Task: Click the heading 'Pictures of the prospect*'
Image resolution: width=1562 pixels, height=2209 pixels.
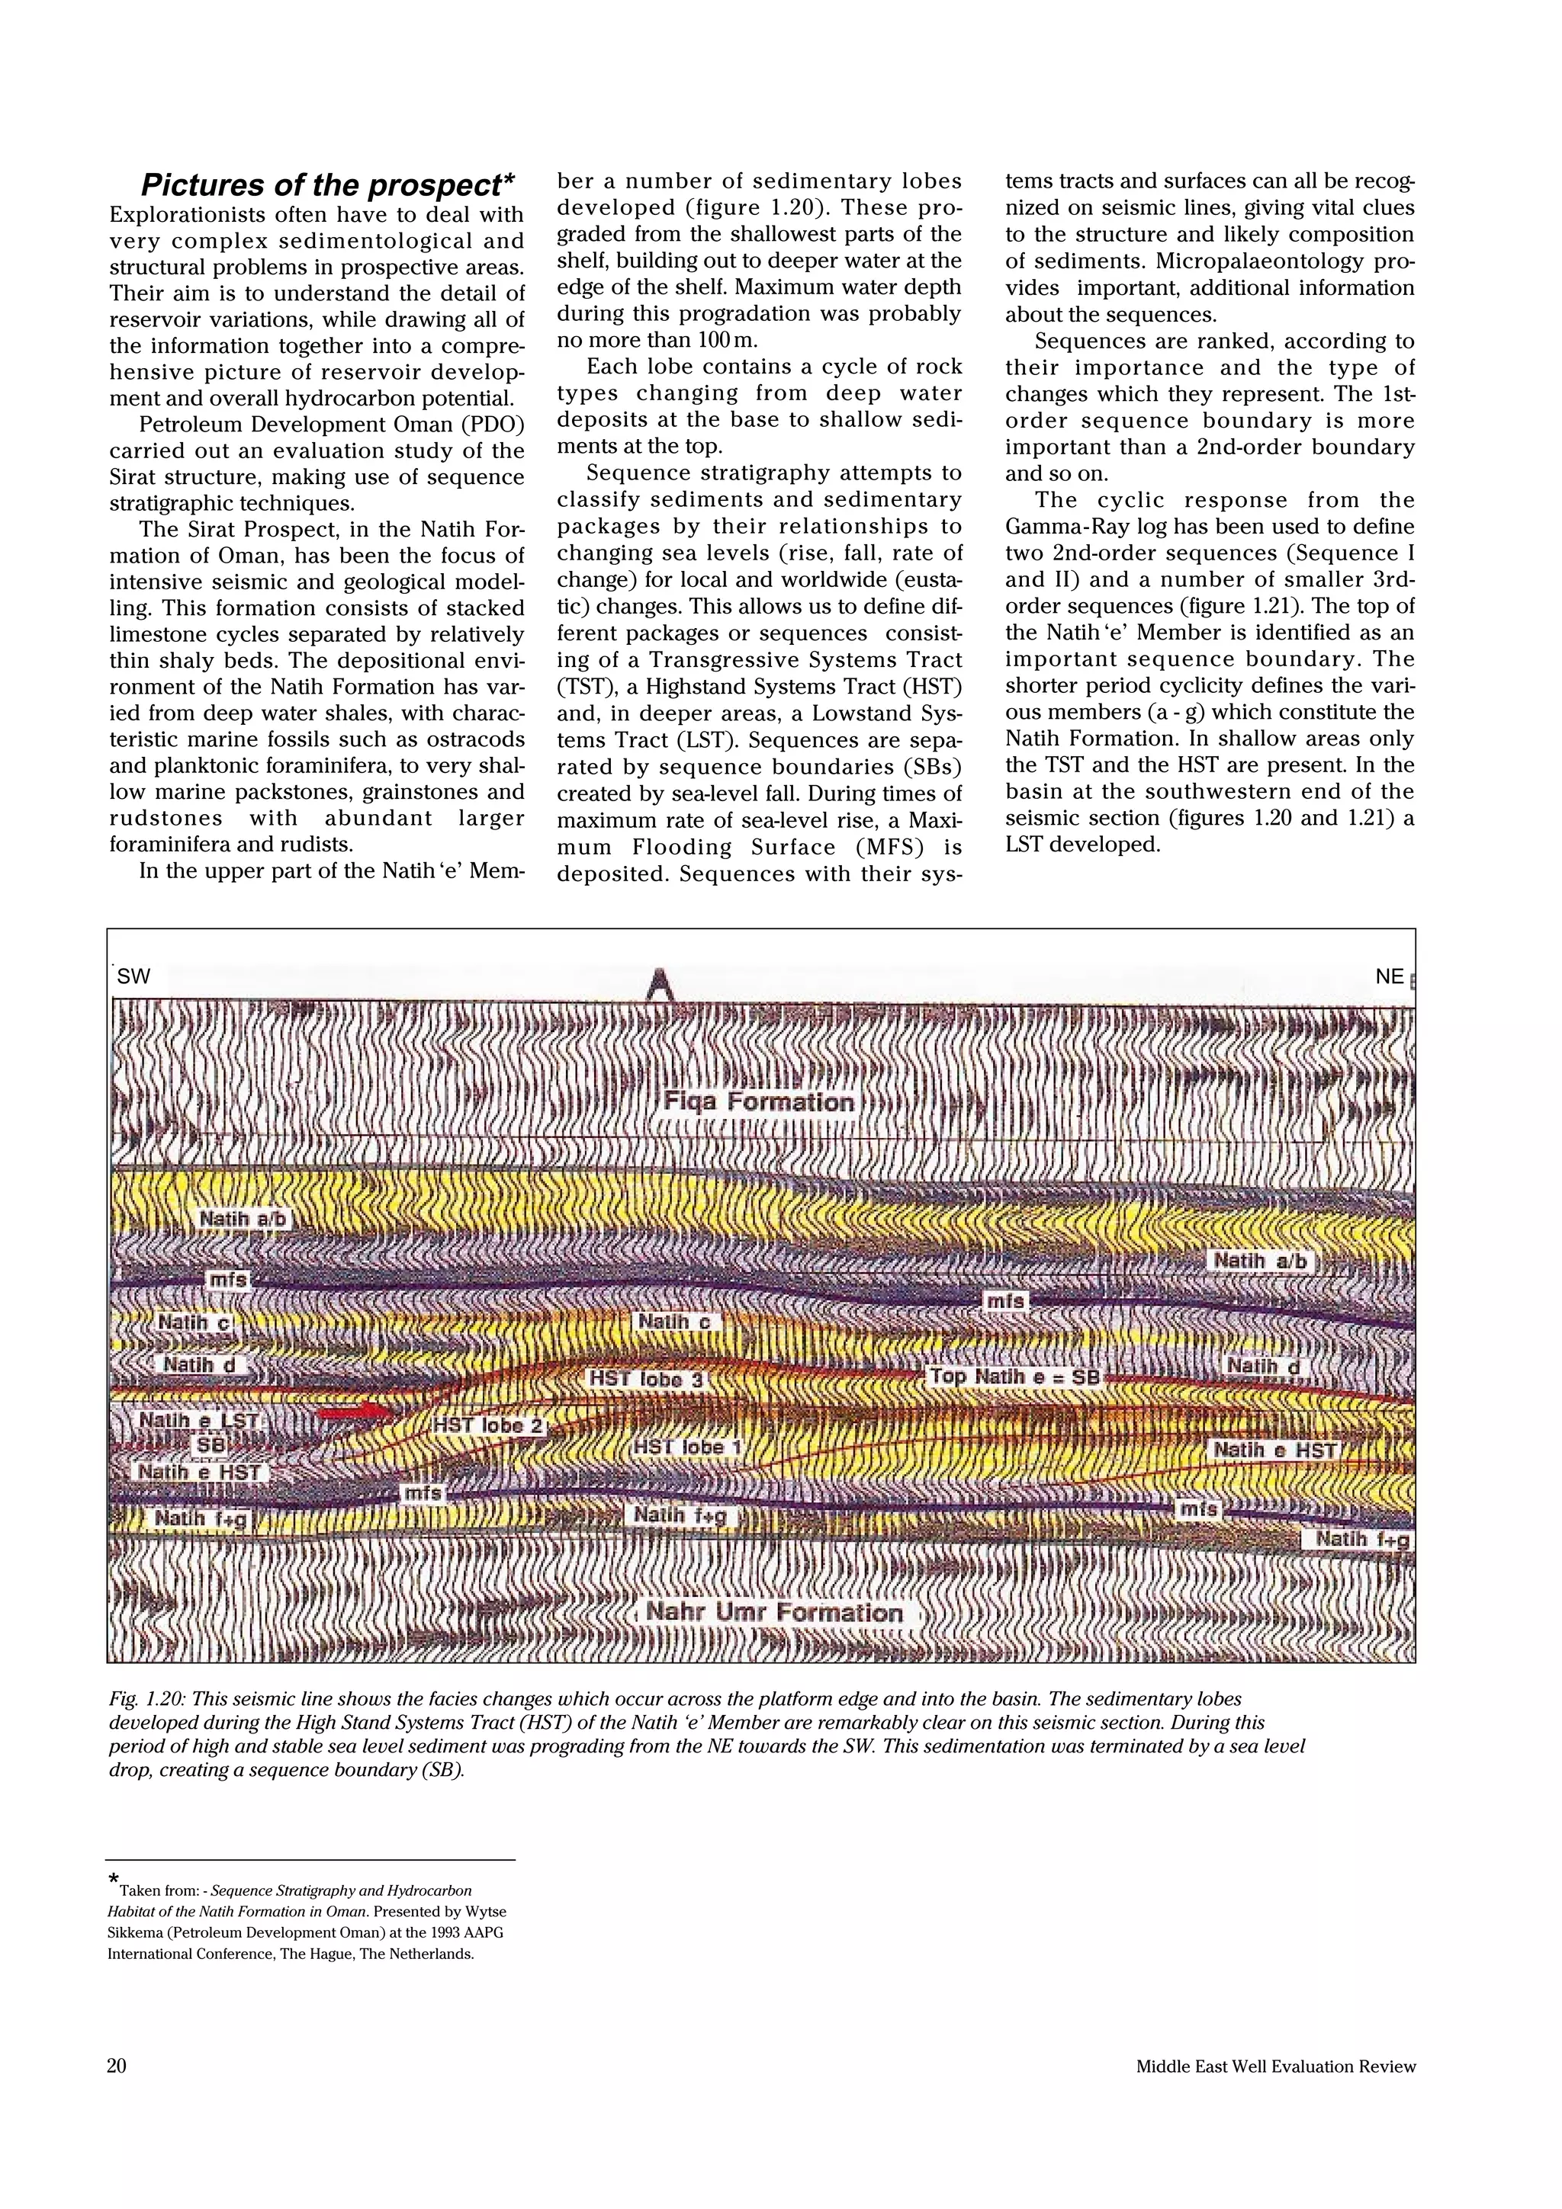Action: click(327, 184)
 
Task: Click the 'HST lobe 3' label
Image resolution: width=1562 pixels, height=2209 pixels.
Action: click(647, 1379)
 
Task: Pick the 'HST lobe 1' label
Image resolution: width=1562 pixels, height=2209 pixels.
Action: click(686, 1447)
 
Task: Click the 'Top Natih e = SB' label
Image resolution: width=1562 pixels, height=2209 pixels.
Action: click(1014, 1376)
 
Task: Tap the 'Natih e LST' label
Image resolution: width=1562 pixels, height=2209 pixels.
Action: click(198, 1420)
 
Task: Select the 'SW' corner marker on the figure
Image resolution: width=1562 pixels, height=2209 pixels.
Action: click(133, 976)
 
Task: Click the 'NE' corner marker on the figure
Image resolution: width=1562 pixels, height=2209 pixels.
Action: click(1389, 976)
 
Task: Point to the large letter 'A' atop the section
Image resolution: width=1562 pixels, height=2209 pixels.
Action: click(658, 983)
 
